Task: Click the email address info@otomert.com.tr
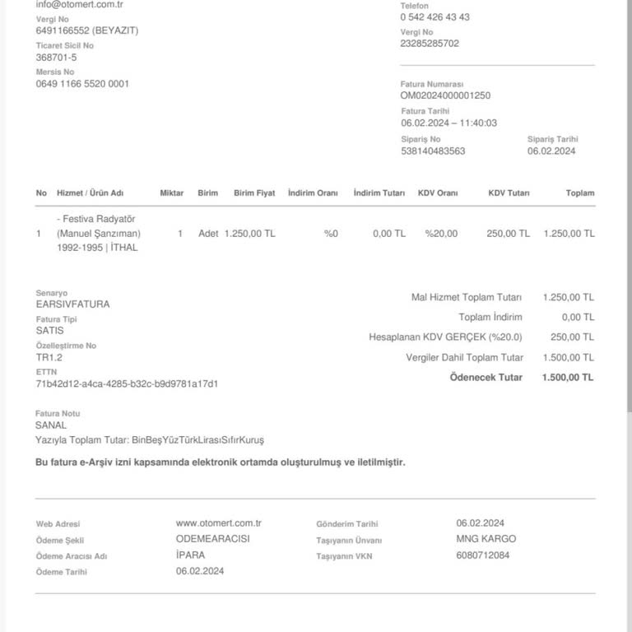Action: tap(79, 4)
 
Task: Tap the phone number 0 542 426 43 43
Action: tap(434, 17)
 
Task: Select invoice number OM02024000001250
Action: tap(445, 95)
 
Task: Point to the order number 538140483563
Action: tap(433, 151)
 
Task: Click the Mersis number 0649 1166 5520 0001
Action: tap(82, 84)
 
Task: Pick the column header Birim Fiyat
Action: tap(254, 193)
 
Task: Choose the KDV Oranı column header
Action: tap(438, 193)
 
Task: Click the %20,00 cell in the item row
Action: tap(441, 234)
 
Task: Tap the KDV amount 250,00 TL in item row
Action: tap(508, 234)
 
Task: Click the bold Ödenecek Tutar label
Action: tap(486, 378)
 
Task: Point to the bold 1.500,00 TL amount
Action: tap(567, 378)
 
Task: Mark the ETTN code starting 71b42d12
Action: tap(127, 384)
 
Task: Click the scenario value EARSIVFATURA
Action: tap(72, 304)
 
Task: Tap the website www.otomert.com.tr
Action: tap(218, 523)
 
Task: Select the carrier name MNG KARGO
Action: tap(486, 539)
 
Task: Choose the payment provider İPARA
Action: tap(190, 555)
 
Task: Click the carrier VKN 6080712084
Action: tap(482, 555)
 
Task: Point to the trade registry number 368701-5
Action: tap(56, 58)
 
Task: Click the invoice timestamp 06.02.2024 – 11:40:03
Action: tap(448, 123)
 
